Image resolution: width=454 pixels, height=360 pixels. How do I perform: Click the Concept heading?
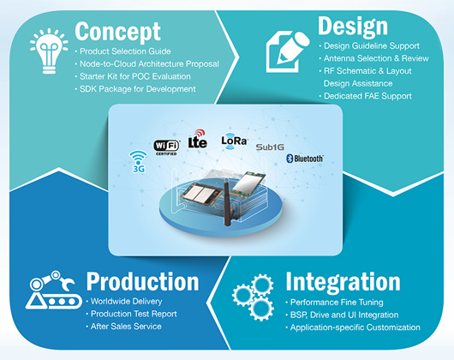tap(117, 33)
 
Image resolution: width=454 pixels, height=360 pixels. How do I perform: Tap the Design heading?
tap(353, 27)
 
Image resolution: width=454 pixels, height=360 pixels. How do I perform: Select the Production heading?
tap(142, 281)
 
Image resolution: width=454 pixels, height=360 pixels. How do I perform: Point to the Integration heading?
tap(343, 281)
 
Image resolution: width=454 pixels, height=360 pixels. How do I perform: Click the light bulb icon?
tap(49, 51)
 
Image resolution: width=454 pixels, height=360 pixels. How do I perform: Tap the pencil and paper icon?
tap(288, 51)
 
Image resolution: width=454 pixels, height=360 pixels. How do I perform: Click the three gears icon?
tap(253, 297)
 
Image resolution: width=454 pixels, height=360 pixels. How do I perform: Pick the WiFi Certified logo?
tap(166, 147)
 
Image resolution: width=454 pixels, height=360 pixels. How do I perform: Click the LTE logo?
tap(198, 139)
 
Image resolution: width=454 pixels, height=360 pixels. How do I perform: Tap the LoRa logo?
tap(234, 141)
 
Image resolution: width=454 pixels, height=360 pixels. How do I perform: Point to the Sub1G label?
tap(270, 147)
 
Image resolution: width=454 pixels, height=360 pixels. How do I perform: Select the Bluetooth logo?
tap(305, 159)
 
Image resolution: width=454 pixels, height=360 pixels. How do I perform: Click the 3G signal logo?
tap(139, 161)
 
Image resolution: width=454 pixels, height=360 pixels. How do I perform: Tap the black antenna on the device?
tap(229, 203)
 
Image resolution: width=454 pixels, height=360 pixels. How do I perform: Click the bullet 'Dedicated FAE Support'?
tap(365, 96)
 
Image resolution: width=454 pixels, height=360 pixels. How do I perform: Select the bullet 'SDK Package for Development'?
tap(135, 89)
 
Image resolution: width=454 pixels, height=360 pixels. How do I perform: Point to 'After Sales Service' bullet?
tap(123, 327)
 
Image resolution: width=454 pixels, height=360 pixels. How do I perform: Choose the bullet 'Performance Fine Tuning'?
tap(334, 303)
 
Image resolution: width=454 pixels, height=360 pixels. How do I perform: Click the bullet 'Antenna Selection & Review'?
tap(373, 58)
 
